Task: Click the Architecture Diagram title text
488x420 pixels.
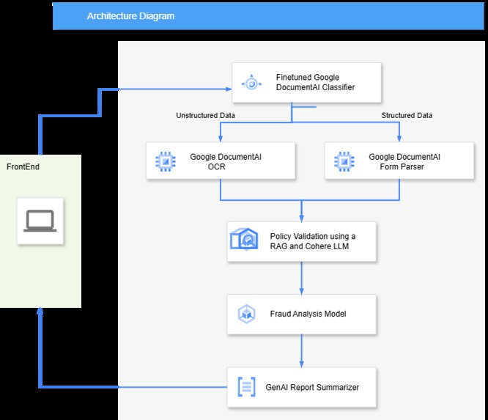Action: click(x=130, y=15)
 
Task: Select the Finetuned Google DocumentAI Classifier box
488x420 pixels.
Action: click(x=306, y=83)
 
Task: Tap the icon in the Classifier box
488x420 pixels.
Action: click(x=251, y=83)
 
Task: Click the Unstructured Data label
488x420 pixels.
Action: click(x=205, y=115)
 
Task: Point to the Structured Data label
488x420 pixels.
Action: click(x=407, y=115)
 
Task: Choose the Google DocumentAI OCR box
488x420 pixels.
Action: click(x=221, y=161)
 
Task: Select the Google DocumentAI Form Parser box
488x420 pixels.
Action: click(x=399, y=161)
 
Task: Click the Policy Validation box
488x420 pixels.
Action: click(x=302, y=241)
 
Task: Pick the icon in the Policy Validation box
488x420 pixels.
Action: click(x=245, y=240)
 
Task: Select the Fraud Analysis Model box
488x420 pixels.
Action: click(x=302, y=314)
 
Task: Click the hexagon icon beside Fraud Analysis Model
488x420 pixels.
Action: click(x=246, y=314)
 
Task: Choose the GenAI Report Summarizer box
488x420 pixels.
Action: click(x=302, y=387)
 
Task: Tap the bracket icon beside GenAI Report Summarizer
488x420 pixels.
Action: click(x=246, y=387)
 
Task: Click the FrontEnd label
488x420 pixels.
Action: click(x=23, y=167)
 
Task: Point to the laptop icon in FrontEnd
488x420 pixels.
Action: click(x=40, y=221)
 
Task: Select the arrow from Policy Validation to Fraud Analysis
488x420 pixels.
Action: click(x=302, y=278)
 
